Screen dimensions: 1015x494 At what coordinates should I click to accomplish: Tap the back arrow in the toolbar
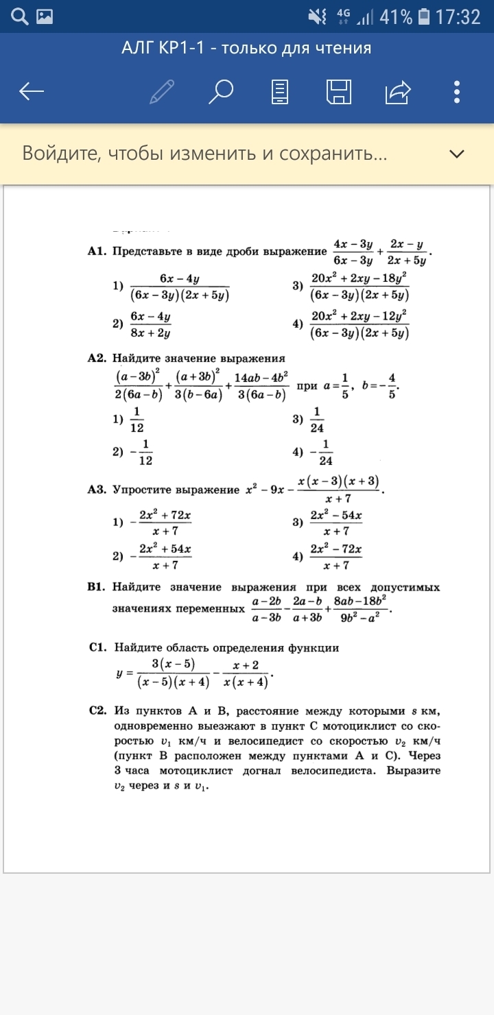point(32,91)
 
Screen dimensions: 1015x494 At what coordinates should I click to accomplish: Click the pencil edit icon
point(162,91)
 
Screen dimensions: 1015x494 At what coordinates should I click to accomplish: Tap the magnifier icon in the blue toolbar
point(221,91)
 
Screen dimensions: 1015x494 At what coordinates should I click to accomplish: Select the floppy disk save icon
point(339,91)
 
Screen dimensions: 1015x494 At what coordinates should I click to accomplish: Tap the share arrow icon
point(399,91)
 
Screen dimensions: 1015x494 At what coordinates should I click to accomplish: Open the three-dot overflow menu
point(457,91)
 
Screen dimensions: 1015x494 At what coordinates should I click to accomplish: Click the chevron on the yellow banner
point(457,154)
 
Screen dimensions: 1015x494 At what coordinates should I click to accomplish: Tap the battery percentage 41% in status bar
point(396,16)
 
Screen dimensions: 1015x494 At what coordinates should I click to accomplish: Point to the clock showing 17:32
point(458,16)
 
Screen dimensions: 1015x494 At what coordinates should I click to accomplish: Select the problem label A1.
point(97,252)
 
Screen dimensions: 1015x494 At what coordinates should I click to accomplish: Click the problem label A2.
point(97,358)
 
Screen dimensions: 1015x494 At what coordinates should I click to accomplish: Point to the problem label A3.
point(97,490)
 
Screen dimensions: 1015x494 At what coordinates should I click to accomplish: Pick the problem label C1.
point(97,647)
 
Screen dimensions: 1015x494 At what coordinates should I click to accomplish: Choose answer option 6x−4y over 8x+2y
point(150,324)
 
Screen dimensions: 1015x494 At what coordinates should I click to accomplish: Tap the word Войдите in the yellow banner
point(60,153)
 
